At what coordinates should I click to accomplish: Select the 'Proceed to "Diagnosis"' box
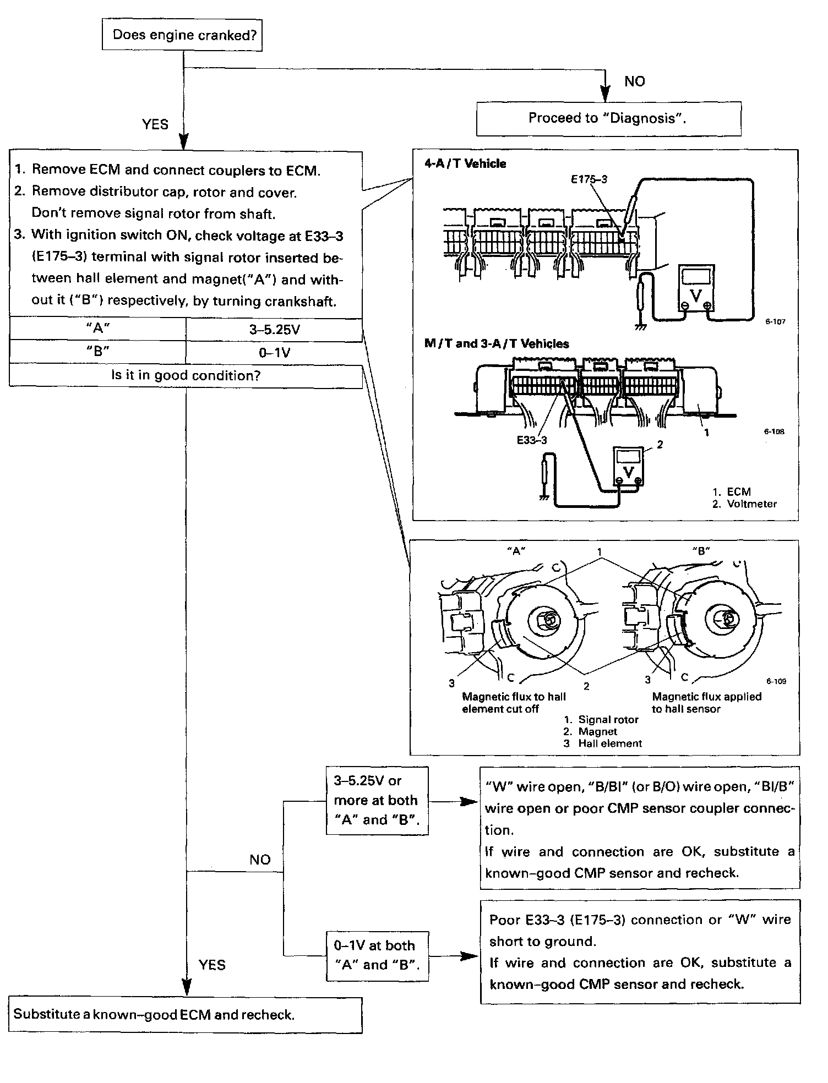(608, 118)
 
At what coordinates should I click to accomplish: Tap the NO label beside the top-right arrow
(634, 81)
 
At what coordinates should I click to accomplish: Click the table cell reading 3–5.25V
(274, 330)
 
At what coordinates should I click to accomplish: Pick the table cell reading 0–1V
(274, 352)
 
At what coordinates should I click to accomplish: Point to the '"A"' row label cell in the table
(98, 329)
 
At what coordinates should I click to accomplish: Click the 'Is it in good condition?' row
(186, 375)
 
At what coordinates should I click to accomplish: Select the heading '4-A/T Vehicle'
(465, 163)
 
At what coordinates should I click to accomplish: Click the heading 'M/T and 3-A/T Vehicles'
(497, 343)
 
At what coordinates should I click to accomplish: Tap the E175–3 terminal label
(590, 179)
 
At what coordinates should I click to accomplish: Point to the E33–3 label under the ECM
(532, 440)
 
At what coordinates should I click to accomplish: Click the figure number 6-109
(776, 681)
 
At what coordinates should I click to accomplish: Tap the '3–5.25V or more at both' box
(377, 800)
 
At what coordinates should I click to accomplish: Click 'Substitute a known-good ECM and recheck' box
(186, 1014)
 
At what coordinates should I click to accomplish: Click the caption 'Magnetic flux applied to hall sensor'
(706, 703)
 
